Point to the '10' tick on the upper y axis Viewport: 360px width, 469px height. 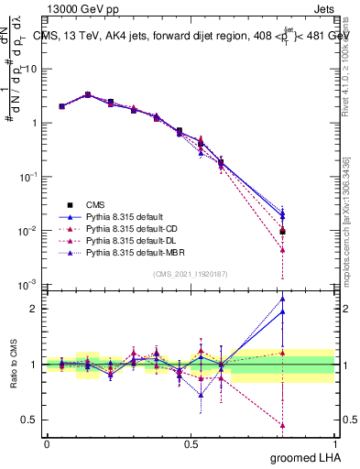(x=32, y=70)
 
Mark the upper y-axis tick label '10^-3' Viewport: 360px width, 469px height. (x=31, y=284)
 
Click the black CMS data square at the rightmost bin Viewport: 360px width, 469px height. (x=283, y=231)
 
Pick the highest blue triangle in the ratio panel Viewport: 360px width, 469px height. (x=283, y=298)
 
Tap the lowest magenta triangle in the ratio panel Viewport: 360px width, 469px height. (x=283, y=425)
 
